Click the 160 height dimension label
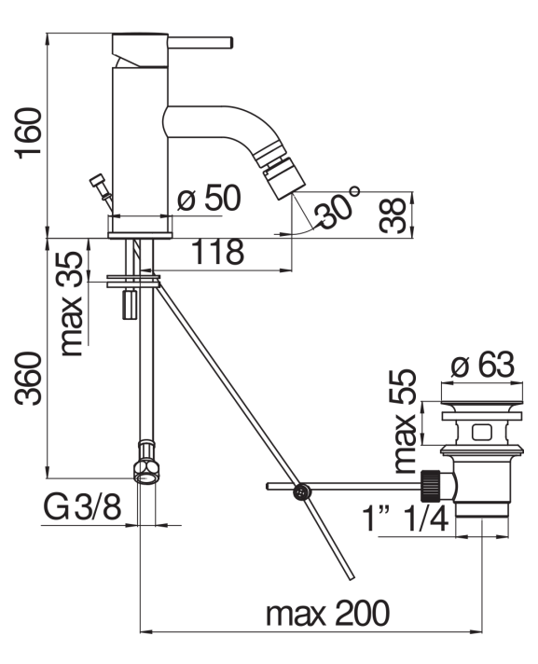29,133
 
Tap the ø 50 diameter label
209,198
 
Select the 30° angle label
338,208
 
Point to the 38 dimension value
393,215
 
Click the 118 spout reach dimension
218,252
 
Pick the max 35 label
71,303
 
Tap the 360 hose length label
29,378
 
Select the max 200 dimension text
327,613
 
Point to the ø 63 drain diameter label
483,365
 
